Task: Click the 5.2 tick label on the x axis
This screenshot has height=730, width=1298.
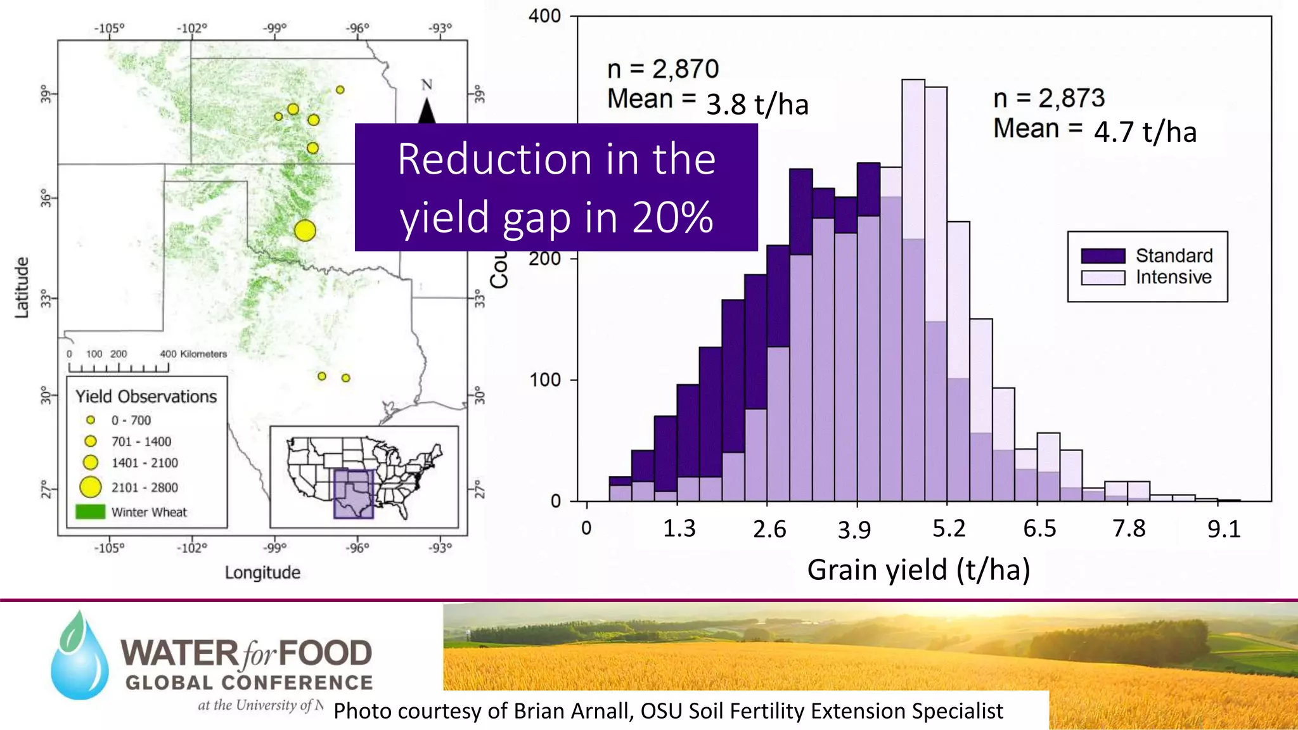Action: (949, 528)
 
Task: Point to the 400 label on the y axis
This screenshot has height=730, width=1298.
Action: (545, 16)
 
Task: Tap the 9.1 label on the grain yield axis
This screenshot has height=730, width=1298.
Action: (1223, 529)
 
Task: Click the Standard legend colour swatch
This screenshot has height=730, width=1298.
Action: (1103, 256)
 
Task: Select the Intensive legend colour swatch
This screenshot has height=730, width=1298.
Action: (1103, 278)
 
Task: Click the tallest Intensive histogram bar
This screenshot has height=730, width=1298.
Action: (913, 285)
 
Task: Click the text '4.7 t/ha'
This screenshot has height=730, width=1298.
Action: (1145, 132)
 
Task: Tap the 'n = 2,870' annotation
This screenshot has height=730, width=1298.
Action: (663, 69)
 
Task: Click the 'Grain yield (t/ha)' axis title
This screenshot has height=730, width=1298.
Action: (918, 570)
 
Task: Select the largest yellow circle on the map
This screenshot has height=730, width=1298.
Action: (305, 230)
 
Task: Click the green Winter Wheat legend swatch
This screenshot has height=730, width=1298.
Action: (90, 512)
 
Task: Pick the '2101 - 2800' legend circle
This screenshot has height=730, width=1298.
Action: (91, 487)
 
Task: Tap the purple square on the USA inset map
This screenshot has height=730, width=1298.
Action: (354, 494)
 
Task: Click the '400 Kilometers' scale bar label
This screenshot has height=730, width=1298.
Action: (193, 354)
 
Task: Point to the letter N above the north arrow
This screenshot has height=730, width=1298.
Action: (427, 85)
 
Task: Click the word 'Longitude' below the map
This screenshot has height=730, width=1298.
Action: (262, 573)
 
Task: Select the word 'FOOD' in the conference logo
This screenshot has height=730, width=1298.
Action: (325, 653)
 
